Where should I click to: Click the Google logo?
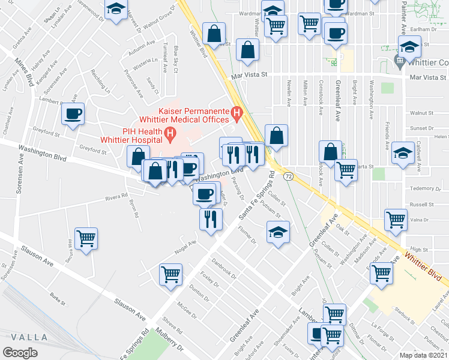coord(21,353)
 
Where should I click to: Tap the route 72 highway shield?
coord(289,176)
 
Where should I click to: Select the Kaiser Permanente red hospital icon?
coord(237,111)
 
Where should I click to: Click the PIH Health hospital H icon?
coord(171,132)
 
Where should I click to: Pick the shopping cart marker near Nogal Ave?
coord(171,274)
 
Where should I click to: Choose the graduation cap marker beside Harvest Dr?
coord(116,8)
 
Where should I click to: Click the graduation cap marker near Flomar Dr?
coord(278,232)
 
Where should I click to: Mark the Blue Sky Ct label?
coord(175,60)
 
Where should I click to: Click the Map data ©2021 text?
coord(423,355)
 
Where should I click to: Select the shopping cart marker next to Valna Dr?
coord(396,220)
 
